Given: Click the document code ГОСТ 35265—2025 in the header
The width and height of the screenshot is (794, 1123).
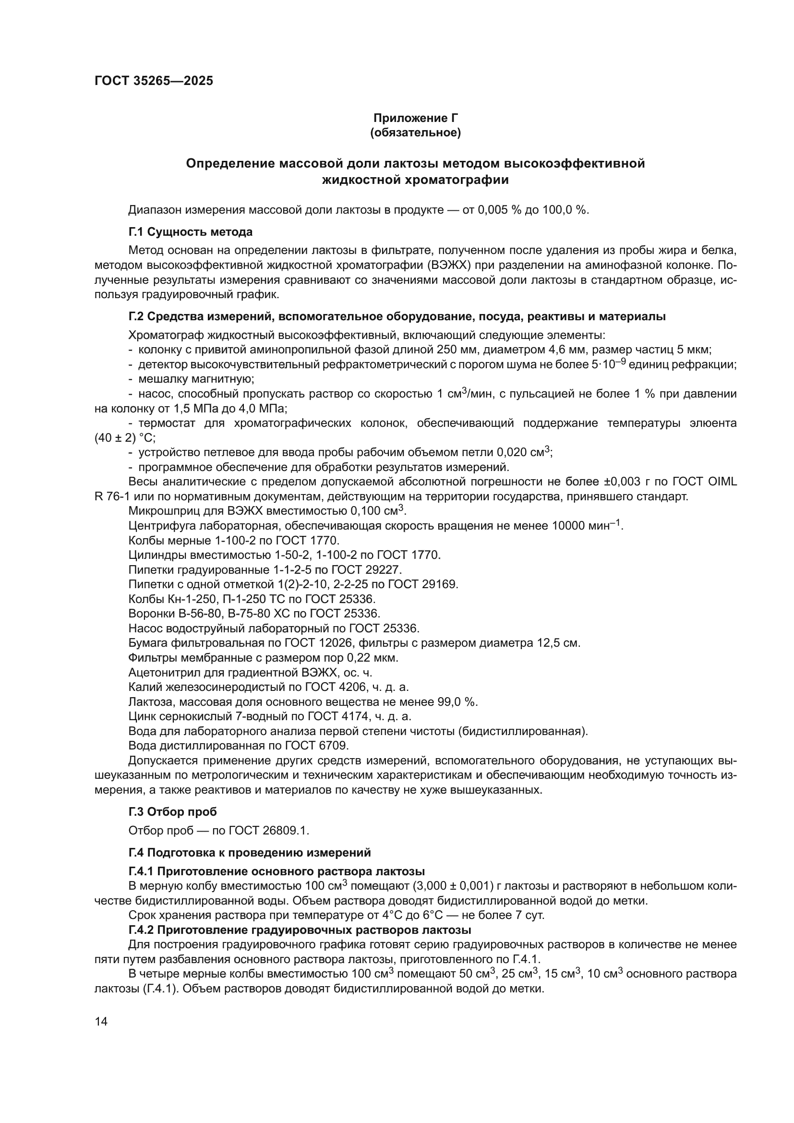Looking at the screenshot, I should click(154, 81).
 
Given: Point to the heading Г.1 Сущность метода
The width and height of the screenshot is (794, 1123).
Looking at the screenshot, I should click(191, 231).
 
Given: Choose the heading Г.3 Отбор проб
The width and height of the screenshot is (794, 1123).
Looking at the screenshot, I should click(173, 812).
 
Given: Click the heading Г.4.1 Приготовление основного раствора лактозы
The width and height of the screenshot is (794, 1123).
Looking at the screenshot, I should click(277, 871).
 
